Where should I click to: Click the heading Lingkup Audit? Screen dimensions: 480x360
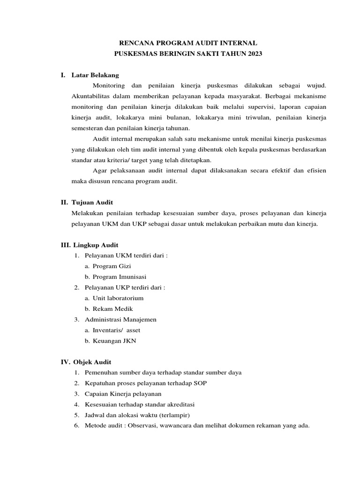(96, 245)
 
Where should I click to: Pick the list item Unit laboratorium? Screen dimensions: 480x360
(118, 298)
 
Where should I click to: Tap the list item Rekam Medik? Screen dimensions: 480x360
(113, 309)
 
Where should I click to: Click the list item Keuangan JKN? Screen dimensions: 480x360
(114, 341)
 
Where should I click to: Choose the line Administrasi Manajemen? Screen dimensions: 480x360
(120, 319)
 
